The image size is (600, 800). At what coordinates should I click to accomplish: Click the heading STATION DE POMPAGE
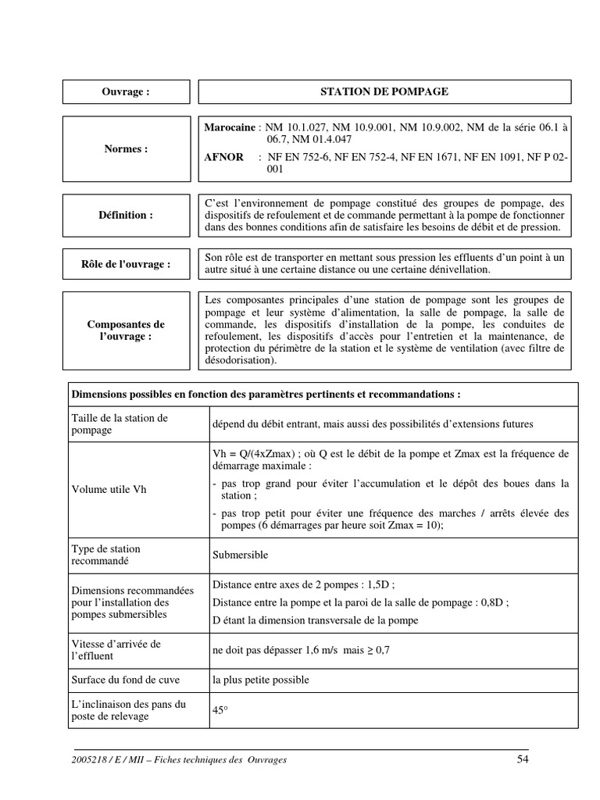click(384, 91)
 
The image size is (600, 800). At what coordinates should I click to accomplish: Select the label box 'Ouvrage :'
click(126, 91)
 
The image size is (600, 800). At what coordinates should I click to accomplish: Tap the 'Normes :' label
click(126, 148)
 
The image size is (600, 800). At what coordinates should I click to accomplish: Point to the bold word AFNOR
click(223, 157)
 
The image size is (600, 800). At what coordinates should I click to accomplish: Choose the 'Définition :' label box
click(126, 215)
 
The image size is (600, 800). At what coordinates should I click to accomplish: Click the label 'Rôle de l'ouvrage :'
click(126, 264)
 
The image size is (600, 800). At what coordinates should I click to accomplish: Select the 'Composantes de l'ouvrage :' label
click(126, 330)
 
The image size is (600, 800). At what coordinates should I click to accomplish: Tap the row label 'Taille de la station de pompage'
click(120, 424)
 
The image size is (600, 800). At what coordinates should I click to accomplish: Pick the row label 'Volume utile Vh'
click(109, 490)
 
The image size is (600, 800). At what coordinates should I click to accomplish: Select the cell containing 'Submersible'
click(240, 555)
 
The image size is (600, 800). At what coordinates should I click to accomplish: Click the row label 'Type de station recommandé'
click(105, 555)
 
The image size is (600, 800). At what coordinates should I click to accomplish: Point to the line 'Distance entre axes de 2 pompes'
click(304, 584)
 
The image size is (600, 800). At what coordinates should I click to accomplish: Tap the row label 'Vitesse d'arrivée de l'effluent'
click(116, 650)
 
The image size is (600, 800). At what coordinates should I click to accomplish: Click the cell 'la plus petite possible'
click(260, 680)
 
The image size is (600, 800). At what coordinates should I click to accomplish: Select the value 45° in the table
click(219, 711)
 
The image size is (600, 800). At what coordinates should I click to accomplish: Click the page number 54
click(523, 759)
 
